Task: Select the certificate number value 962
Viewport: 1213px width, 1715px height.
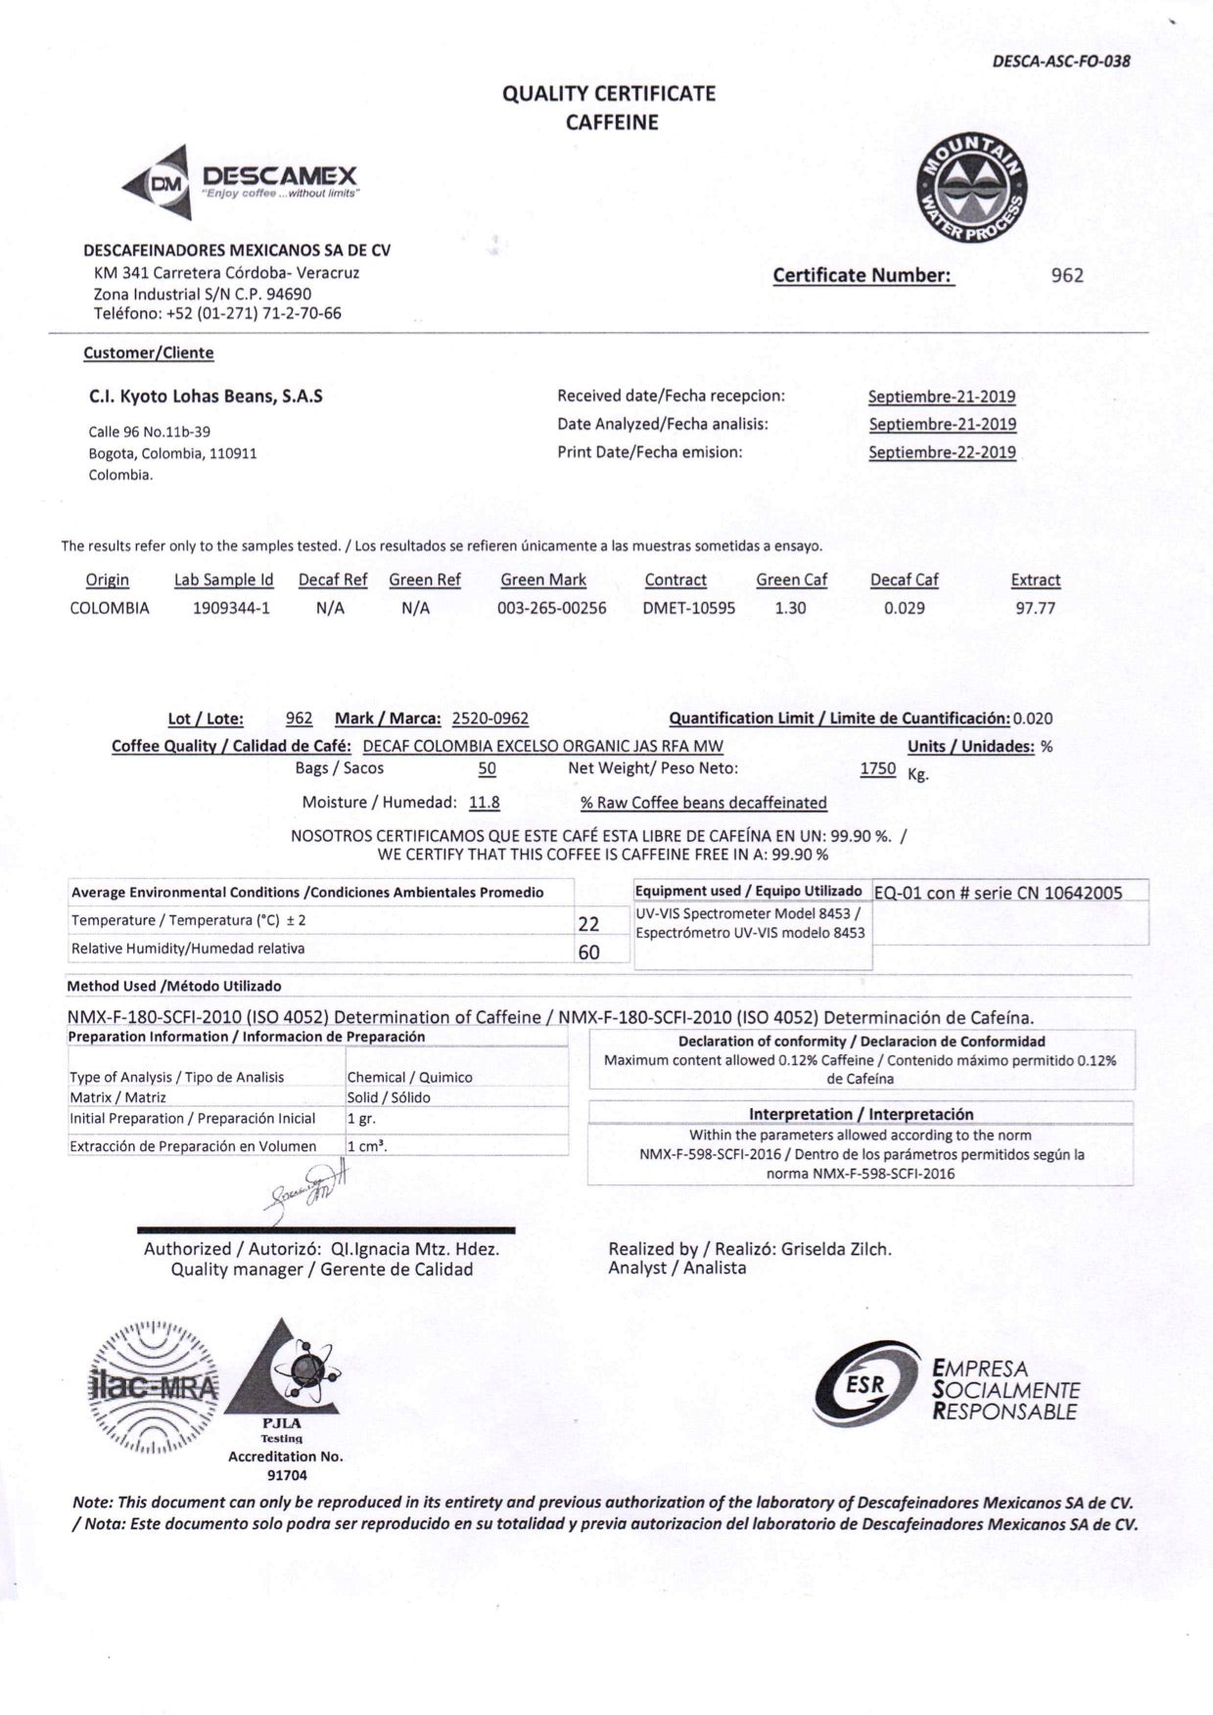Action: click(x=1066, y=275)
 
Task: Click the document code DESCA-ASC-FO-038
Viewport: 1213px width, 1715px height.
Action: click(x=1060, y=62)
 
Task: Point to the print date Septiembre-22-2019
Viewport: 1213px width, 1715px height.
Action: click(x=942, y=452)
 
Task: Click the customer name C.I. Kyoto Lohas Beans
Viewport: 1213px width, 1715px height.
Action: click(x=206, y=396)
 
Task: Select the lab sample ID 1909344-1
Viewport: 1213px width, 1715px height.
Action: click(x=231, y=608)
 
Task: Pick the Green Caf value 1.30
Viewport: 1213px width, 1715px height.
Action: click(x=790, y=608)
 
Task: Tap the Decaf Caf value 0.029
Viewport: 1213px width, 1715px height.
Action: click(x=904, y=608)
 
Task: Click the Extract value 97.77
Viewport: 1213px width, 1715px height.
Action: click(x=1035, y=608)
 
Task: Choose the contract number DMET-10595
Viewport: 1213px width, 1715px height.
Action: click(x=688, y=608)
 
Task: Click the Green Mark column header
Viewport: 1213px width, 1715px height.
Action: click(x=543, y=579)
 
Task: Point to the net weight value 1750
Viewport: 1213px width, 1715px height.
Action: click(x=877, y=769)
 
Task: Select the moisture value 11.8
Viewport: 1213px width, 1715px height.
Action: click(x=484, y=803)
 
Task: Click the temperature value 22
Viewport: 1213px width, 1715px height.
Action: click(x=588, y=923)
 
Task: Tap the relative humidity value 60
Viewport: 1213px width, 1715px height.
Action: click(x=588, y=951)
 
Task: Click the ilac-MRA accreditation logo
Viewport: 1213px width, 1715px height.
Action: click(x=155, y=1387)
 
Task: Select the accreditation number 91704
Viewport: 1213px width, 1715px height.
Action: click(x=286, y=1474)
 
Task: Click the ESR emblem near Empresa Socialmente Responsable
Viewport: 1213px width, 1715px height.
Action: click(x=865, y=1384)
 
